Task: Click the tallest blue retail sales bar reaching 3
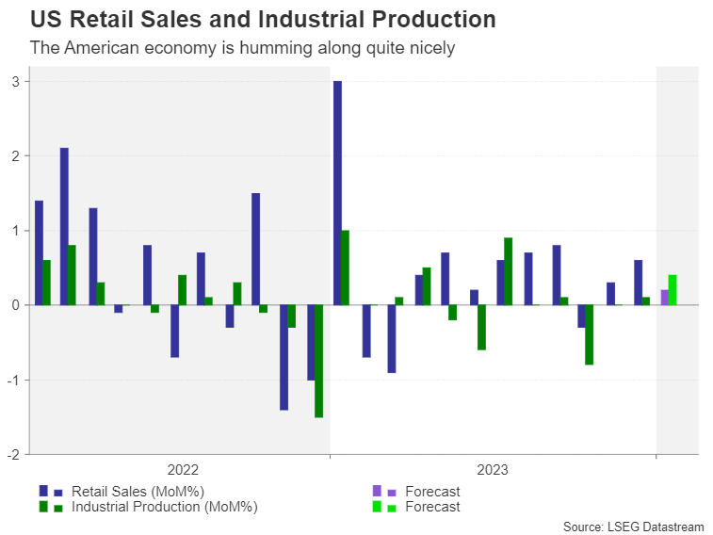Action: [x=337, y=193]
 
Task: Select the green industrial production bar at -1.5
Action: [x=319, y=361]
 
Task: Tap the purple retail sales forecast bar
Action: [x=665, y=298]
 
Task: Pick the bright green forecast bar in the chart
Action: [x=672, y=290]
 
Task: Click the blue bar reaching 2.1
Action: [x=64, y=226]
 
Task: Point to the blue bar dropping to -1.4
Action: [x=284, y=357]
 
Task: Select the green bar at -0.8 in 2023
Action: [x=589, y=334]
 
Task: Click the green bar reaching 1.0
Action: [x=346, y=267]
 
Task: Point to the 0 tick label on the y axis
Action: [x=16, y=305]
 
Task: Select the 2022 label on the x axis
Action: [x=183, y=470]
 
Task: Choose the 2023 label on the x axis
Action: [x=494, y=470]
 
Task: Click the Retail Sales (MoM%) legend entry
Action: [x=138, y=491]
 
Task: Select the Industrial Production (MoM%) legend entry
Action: [x=164, y=507]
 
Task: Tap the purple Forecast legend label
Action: [x=432, y=491]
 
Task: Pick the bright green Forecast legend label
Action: [x=432, y=507]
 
